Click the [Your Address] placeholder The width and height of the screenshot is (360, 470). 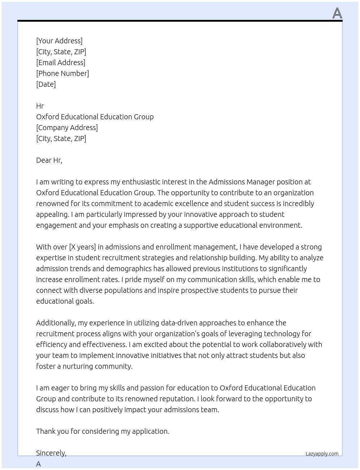[x=59, y=41]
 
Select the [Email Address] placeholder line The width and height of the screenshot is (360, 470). [x=61, y=63]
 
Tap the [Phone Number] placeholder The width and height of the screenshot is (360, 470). [x=63, y=73]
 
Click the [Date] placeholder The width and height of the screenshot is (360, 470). [x=46, y=84]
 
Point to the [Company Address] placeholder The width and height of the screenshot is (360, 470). [x=67, y=128]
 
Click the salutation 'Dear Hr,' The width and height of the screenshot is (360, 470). [x=49, y=160]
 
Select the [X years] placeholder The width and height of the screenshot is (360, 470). [x=82, y=247]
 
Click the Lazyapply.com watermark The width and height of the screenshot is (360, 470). [x=322, y=454]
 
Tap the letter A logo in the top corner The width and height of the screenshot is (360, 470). [x=337, y=13]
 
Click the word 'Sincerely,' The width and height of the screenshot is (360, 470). [x=51, y=453]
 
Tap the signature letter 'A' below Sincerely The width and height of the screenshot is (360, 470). [x=38, y=464]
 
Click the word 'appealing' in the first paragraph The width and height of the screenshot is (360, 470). [x=52, y=214]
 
